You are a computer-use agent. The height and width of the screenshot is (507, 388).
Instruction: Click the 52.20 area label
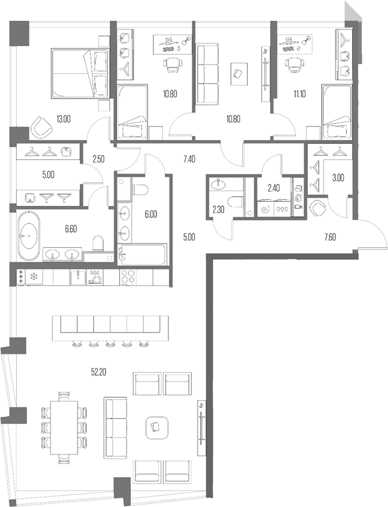98,371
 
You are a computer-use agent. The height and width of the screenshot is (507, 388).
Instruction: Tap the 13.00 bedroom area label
63,119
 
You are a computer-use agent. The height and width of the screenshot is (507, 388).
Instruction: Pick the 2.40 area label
273,188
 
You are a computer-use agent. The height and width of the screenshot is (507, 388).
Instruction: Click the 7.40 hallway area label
189,159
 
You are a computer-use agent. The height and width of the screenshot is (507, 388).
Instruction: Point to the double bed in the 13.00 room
79,73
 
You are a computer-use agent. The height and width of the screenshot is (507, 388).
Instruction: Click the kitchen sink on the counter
78,277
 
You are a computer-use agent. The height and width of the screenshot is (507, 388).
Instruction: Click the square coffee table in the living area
156,426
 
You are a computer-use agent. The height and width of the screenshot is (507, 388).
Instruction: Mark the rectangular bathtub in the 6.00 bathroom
144,256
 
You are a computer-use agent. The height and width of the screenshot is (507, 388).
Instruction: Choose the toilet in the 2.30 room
235,202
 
